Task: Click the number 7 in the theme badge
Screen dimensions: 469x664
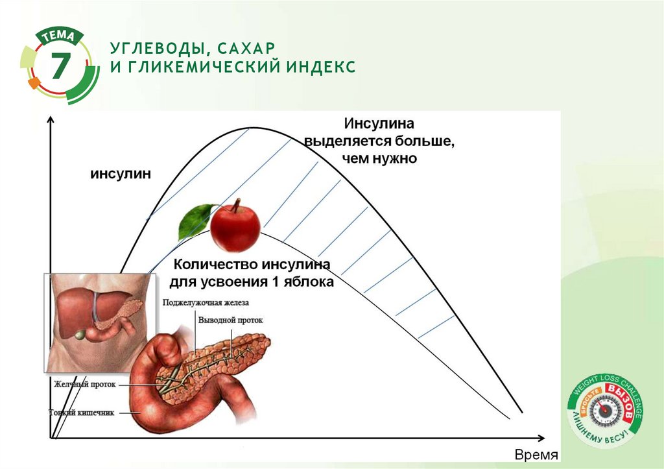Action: [60, 66]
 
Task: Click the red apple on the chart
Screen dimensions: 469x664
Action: [235, 228]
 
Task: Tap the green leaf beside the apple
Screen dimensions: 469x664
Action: [196, 220]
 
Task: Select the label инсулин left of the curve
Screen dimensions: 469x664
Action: [120, 174]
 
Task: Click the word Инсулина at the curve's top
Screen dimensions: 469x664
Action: [379, 123]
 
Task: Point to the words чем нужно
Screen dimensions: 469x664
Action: [379, 158]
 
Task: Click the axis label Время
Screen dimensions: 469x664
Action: [536, 455]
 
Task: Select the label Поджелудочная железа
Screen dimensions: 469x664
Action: [206, 302]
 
